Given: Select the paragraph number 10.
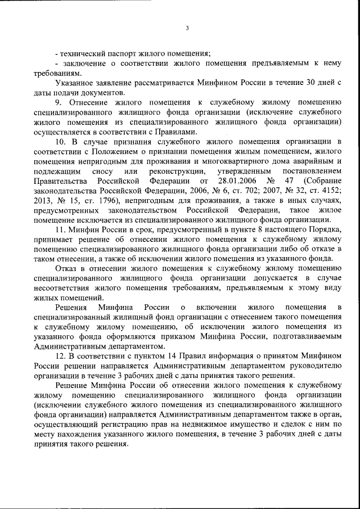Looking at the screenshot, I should point(61,141).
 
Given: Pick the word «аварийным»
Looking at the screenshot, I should point(317,161).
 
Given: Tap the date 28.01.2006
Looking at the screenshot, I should point(234,181).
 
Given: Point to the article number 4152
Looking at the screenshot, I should point(329,190).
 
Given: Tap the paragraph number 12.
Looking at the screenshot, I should point(61,356).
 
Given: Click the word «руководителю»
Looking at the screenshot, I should point(317,366).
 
